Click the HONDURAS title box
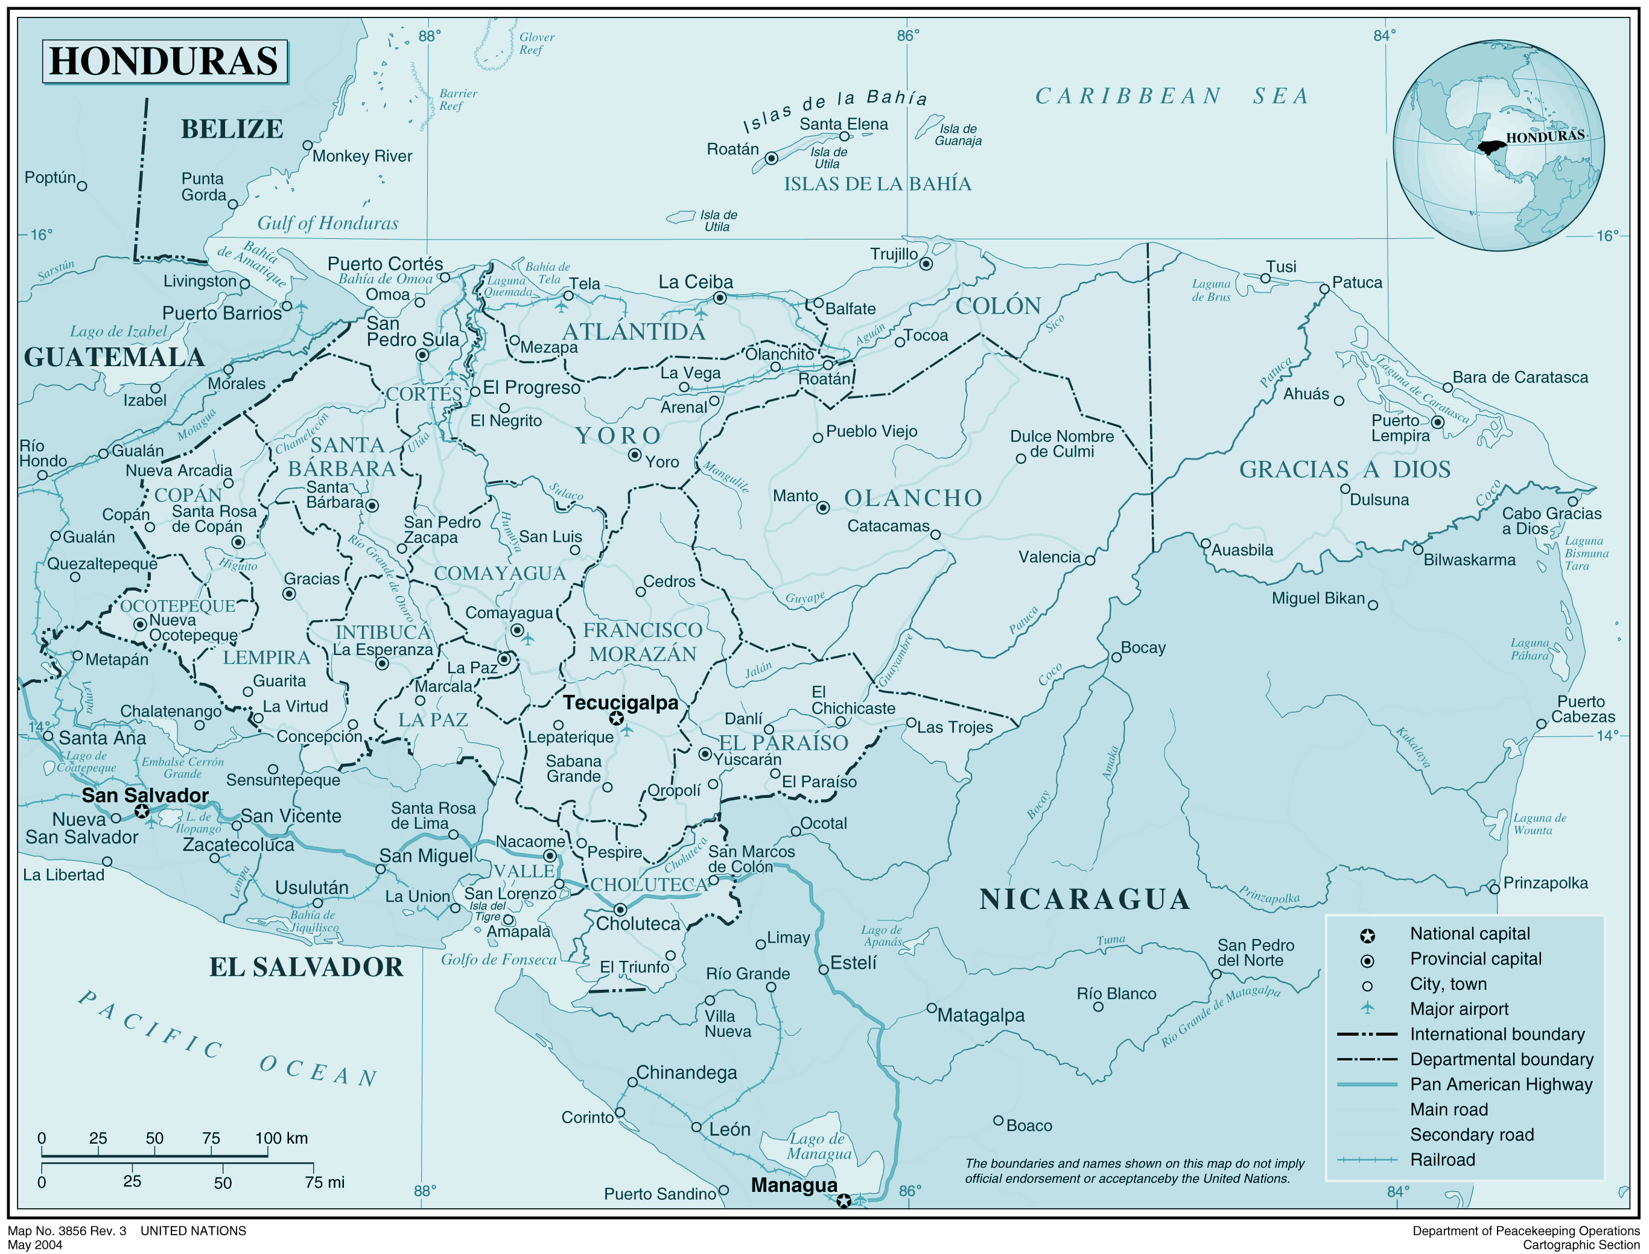click(x=164, y=61)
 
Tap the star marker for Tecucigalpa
click(x=616, y=718)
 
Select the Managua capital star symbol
click(x=843, y=1201)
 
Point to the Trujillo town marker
click(x=926, y=264)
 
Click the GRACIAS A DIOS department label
click(x=1344, y=469)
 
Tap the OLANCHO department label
click(x=912, y=498)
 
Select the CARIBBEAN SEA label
click(x=1171, y=97)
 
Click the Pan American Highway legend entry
click(x=1501, y=1085)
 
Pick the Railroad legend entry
click(x=1442, y=1160)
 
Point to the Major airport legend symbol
click(x=1367, y=1009)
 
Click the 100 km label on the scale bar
click(x=281, y=1138)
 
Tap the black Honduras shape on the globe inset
click(x=1492, y=148)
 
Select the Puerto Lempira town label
click(x=1400, y=428)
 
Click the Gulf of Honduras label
click(x=328, y=223)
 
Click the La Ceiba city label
click(x=695, y=282)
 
